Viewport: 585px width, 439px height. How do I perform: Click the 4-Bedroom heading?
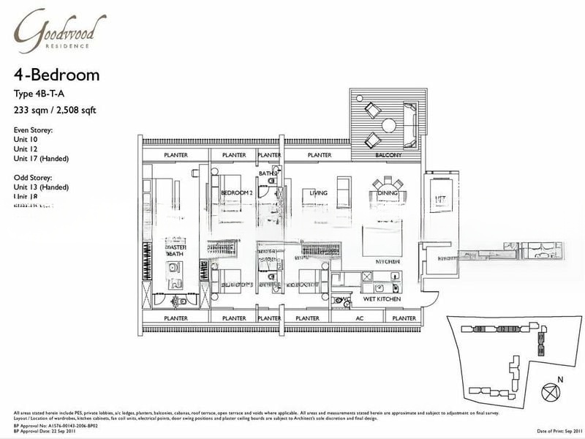(x=56, y=75)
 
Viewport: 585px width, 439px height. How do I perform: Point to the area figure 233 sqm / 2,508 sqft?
(x=56, y=110)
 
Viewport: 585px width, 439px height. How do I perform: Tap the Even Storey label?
(x=34, y=130)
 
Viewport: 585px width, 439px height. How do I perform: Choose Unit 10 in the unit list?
(x=26, y=140)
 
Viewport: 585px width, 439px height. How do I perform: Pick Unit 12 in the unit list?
(x=26, y=149)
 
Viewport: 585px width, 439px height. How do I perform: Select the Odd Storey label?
(x=33, y=178)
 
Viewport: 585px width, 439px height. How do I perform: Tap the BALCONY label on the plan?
(x=388, y=156)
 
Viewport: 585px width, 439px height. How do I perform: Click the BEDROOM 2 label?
(x=236, y=193)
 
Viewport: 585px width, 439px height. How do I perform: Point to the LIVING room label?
(x=318, y=193)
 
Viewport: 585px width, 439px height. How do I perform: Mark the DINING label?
(x=388, y=193)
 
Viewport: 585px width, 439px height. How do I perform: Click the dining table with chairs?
(x=387, y=184)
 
